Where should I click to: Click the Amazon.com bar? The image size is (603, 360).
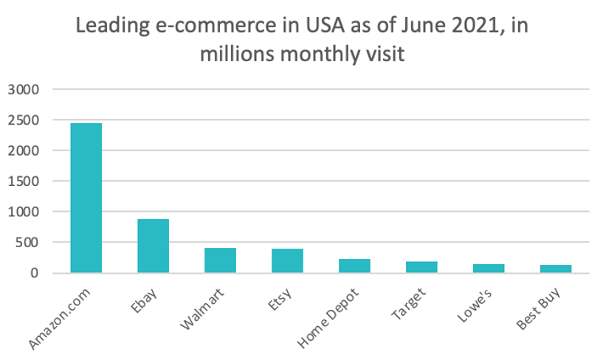(86, 198)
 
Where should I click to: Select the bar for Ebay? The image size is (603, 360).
(153, 246)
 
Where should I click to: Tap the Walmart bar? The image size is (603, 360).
(220, 260)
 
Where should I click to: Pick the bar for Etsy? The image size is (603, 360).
(287, 260)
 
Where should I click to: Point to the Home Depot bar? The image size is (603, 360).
(354, 266)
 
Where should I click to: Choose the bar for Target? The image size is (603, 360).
(421, 267)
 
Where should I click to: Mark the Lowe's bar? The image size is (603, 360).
(489, 269)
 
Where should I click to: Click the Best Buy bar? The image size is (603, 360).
(556, 269)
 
